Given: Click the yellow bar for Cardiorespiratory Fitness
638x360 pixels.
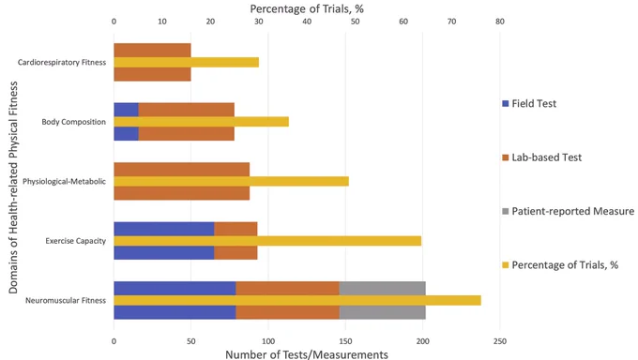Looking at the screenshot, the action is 187,62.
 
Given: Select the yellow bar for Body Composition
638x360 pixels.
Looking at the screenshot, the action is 202,122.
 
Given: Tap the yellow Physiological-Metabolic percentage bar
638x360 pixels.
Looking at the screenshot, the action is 231,182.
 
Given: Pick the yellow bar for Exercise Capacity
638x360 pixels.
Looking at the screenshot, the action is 267,241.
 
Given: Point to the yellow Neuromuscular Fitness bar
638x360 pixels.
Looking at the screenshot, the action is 297,300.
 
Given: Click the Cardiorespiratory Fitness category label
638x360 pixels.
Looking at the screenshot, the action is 62,62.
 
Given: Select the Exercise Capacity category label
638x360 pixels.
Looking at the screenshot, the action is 76,241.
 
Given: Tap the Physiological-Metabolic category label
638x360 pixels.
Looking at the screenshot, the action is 65,182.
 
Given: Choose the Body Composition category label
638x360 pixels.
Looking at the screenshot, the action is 73,122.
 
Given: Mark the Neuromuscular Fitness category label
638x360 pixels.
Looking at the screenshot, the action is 66,300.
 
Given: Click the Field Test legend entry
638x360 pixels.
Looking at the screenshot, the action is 529,104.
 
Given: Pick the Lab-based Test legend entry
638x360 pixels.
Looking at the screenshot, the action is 542,157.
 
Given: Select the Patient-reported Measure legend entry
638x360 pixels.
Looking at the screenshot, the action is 568,211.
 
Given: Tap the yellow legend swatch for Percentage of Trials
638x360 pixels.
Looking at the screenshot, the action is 506,265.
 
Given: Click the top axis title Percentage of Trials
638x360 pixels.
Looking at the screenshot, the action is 307,9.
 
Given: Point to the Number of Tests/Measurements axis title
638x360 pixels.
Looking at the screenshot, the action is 307,354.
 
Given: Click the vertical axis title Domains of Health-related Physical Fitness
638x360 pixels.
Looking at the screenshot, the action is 13,187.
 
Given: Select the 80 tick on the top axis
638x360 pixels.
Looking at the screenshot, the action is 500,22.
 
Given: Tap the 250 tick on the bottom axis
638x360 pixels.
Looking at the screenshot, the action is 500,341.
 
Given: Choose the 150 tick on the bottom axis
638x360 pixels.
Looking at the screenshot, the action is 345,341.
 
